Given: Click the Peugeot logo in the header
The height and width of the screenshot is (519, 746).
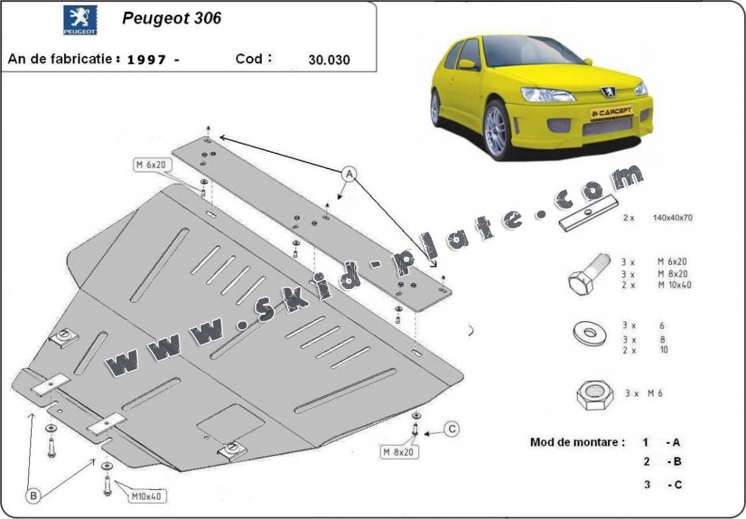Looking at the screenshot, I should coord(80,20).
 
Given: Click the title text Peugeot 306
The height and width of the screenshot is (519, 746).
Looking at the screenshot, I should coord(172,18).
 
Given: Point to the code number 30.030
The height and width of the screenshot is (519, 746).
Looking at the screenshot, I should coord(330,60).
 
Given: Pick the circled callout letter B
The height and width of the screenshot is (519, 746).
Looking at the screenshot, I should coord(34,496).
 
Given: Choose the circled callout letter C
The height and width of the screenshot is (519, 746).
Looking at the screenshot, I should coord(453,428).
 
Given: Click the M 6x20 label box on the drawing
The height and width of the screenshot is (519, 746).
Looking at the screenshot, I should coord(151,165).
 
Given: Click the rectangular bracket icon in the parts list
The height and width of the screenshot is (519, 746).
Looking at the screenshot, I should coord(588,214).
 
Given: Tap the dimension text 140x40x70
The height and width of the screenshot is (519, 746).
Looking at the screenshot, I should coord(673,218).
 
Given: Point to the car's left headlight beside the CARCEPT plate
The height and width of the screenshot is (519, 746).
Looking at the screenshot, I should coord(548,95).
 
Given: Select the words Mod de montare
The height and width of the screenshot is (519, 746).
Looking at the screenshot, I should coord(578,443).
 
